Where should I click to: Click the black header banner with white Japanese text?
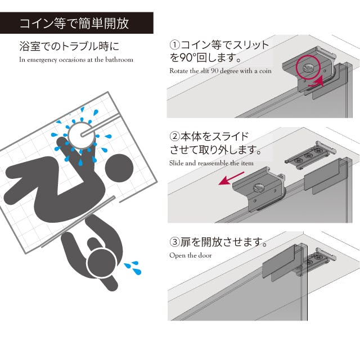pos(76,24)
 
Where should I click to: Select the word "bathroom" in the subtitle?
pos(119,60)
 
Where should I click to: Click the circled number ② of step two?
pos(174,137)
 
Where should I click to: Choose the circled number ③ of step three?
pos(174,242)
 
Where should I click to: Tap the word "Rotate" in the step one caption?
pos(178,71)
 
